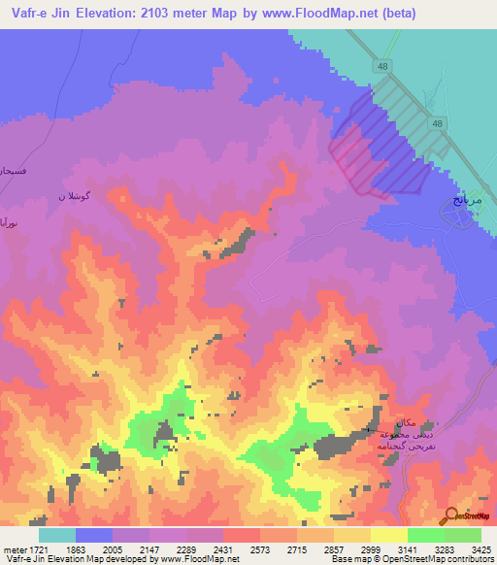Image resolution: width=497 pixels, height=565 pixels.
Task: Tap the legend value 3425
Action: click(480, 548)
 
